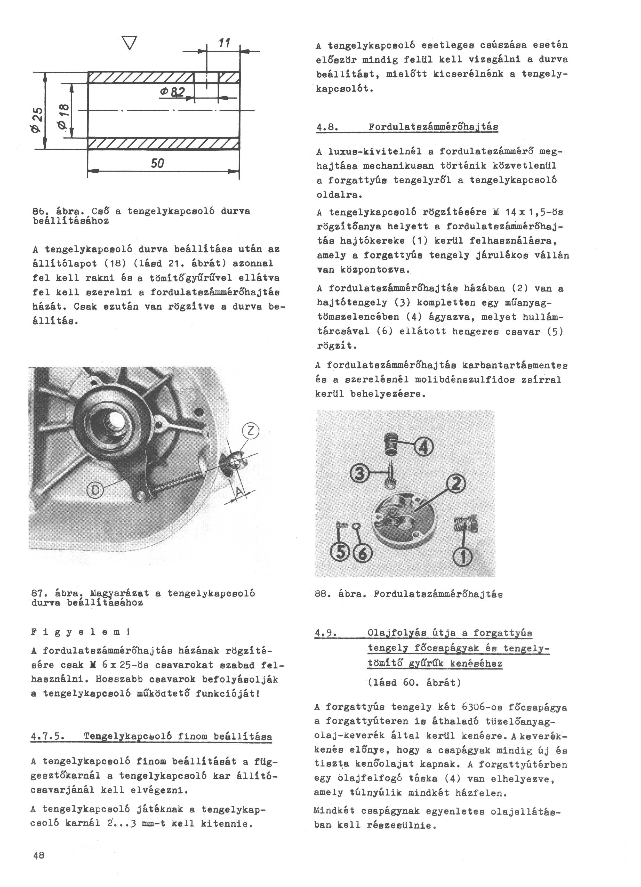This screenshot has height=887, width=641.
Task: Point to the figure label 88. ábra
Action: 341,594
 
